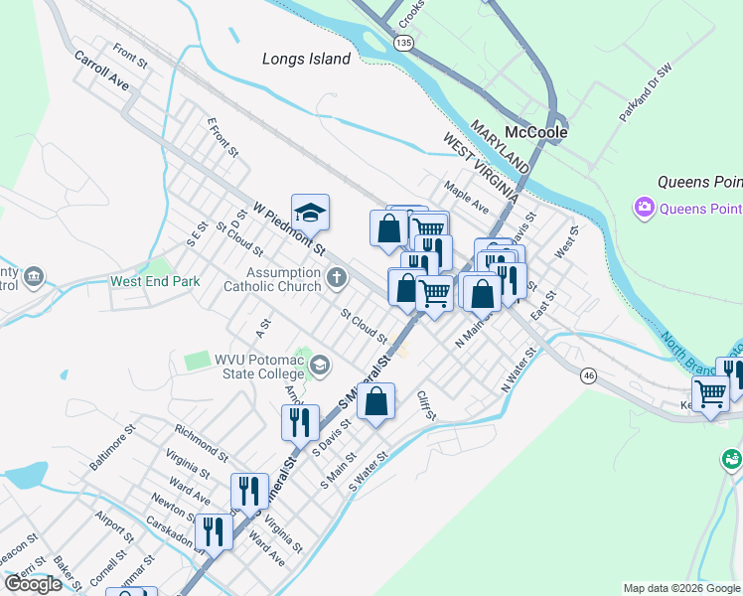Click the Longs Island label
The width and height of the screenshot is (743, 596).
[x=306, y=59]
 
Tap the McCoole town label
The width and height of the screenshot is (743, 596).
[x=535, y=131]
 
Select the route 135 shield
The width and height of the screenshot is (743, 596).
[x=402, y=43]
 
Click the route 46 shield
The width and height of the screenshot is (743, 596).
[x=589, y=375]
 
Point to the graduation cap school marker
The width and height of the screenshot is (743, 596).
[x=310, y=214]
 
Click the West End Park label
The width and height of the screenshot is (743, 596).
[x=155, y=281]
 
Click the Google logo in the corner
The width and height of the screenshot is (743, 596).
[x=33, y=584]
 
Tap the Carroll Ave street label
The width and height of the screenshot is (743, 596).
[x=102, y=71]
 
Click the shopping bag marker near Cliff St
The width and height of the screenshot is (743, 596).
[x=375, y=402]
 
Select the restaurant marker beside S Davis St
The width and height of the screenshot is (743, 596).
[x=299, y=422]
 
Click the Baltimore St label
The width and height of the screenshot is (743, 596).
[x=111, y=448]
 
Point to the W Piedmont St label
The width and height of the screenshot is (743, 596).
[x=288, y=226]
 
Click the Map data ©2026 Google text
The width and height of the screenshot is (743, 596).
[x=680, y=588]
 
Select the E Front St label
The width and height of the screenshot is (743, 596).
[x=223, y=137]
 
